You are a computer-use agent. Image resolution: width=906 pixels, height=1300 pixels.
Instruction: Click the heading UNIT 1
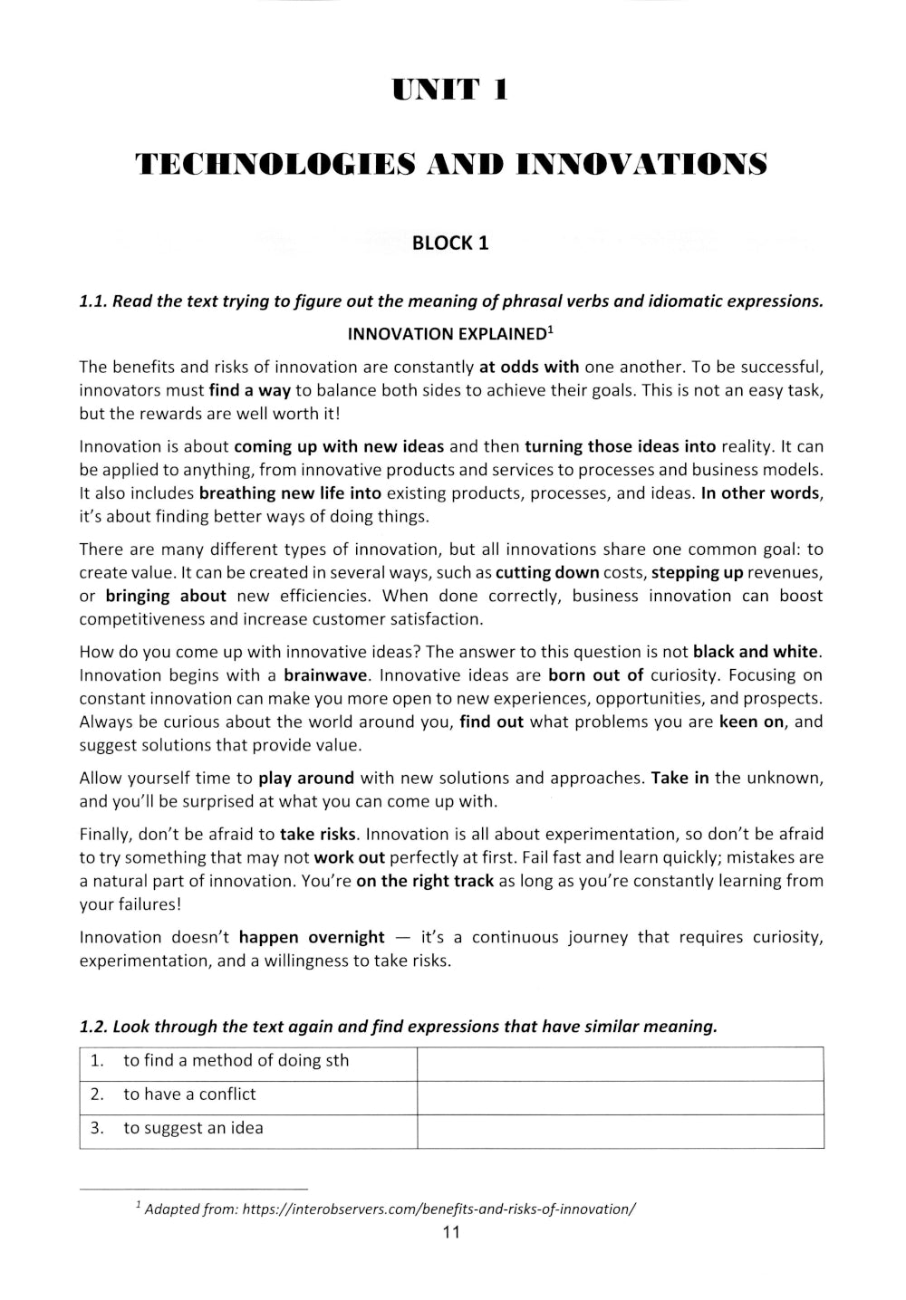point(450,91)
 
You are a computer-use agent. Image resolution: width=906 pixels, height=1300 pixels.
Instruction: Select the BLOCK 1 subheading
point(450,243)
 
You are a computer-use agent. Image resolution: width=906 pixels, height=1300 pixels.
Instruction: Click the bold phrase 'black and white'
point(756,652)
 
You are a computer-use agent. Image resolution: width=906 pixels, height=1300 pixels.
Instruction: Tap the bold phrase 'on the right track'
point(425,881)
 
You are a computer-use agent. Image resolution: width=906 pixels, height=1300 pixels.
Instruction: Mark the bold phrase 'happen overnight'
point(312,937)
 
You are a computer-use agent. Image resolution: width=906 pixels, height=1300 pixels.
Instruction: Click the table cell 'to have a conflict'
point(189,1094)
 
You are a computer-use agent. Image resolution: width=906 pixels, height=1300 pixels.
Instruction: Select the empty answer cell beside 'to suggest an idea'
point(620,1129)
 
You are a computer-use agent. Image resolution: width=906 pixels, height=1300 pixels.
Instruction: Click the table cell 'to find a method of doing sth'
point(236,1061)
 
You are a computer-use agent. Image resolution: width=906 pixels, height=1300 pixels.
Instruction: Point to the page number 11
point(450,1232)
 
